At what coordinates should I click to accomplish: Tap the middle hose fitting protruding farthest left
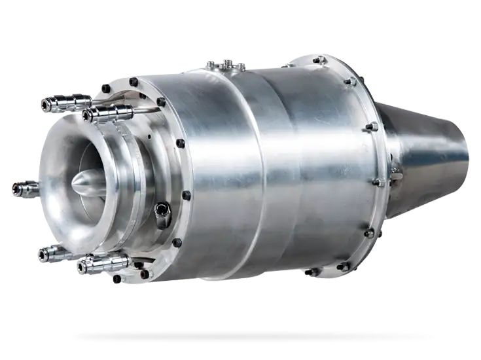[25, 189]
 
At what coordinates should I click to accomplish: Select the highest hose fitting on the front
[65, 103]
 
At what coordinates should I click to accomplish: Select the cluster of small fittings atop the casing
[226, 64]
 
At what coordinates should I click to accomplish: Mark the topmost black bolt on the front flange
[133, 82]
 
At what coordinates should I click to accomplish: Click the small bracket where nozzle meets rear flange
[395, 171]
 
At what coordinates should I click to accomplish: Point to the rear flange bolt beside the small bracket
[378, 182]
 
